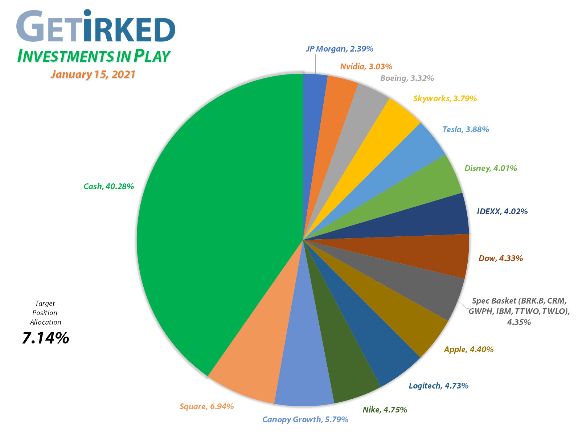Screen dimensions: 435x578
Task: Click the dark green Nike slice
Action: pyautogui.click(x=345, y=374)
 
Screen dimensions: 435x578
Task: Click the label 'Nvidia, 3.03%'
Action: pyautogui.click(x=366, y=66)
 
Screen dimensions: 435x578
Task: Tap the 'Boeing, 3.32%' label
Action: pyautogui.click(x=407, y=78)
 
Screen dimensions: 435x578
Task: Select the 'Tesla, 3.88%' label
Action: pyautogui.click(x=466, y=129)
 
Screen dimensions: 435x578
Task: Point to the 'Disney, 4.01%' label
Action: pyautogui.click(x=491, y=168)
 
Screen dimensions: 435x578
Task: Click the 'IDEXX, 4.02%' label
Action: pyautogui.click(x=502, y=211)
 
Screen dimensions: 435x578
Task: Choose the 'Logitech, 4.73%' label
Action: pyautogui.click(x=438, y=386)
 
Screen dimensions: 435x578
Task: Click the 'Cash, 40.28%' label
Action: pyautogui.click(x=108, y=186)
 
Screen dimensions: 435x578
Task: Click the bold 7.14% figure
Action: pyautogui.click(x=45, y=338)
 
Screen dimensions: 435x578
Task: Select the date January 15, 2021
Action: pyautogui.click(x=93, y=74)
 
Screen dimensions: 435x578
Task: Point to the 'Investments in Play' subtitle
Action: pyautogui.click(x=94, y=56)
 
